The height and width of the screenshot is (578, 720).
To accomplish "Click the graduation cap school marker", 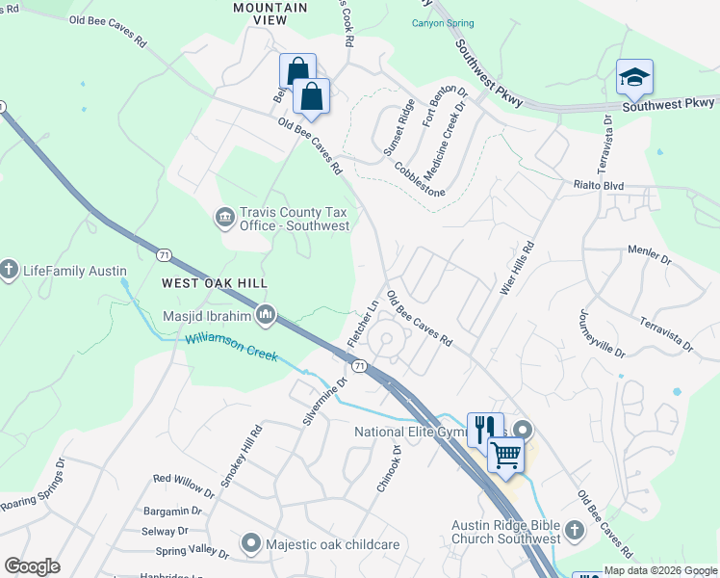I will click(635, 78).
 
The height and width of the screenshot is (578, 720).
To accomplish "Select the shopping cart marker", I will click(505, 455).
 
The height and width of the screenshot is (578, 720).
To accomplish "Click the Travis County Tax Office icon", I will click(224, 218).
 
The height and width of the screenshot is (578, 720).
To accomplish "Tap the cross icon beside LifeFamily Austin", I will click(10, 271).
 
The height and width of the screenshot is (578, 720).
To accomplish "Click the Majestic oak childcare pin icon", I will click(251, 544).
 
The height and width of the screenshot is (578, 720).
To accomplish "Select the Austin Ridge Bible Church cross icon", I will click(574, 531).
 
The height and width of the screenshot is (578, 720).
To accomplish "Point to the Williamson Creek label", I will click(232, 348).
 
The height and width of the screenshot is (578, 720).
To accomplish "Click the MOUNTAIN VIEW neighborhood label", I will click(270, 8).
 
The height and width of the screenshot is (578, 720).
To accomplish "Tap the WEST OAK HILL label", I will click(214, 283).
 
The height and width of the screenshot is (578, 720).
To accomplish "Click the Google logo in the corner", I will click(32, 566).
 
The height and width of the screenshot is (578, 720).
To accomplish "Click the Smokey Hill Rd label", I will click(241, 457).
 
